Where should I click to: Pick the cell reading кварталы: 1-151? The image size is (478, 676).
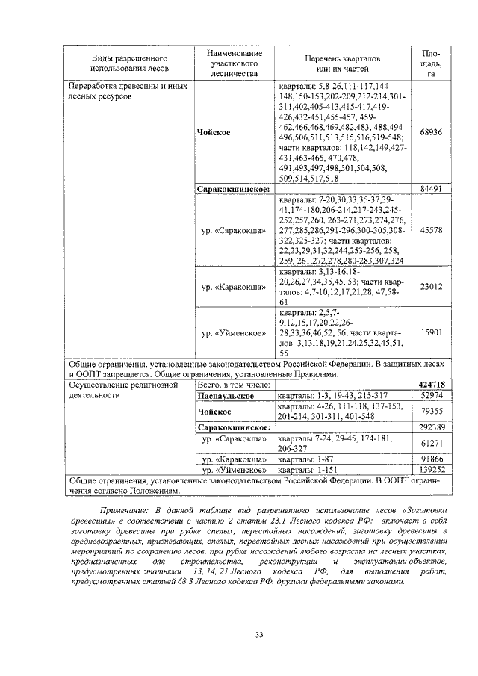pyautogui.click(x=306, y=470)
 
